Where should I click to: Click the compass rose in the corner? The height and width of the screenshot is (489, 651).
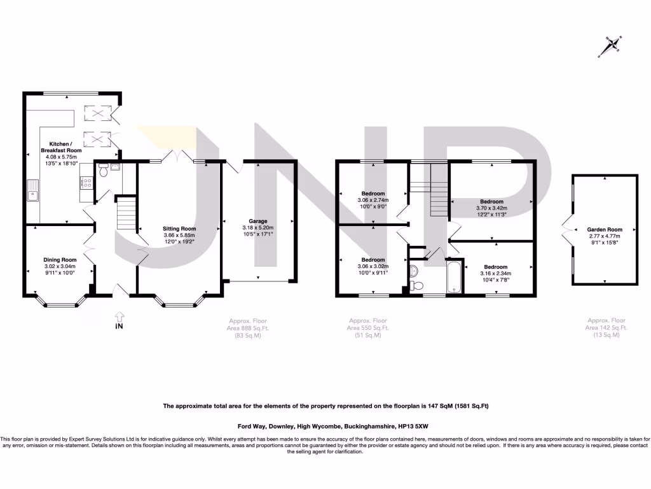pyautogui.click(x=613, y=45)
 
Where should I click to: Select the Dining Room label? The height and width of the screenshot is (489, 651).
pyautogui.click(x=60, y=260)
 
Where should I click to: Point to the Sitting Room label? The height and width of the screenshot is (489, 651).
pyautogui.click(x=179, y=229)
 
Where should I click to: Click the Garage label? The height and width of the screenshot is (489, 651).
pyautogui.click(x=258, y=222)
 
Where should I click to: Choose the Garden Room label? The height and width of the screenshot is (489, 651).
pyautogui.click(x=605, y=229)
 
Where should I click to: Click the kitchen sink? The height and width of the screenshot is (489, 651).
pyautogui.click(x=32, y=189)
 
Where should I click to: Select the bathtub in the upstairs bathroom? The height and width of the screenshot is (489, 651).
pyautogui.click(x=454, y=278)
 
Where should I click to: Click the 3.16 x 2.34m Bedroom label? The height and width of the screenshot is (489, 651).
pyautogui.click(x=496, y=267)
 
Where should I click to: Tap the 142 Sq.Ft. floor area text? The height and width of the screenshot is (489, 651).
pyautogui.click(x=607, y=327)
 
